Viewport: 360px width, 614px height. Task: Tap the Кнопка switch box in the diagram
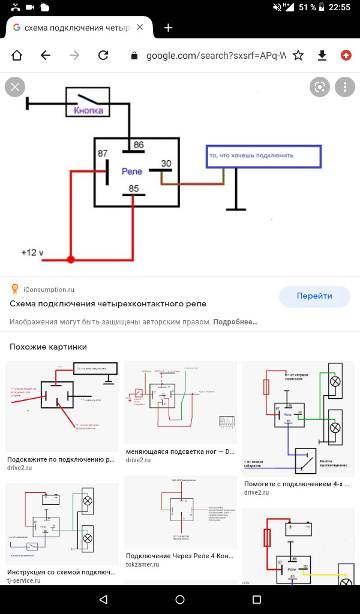pyautogui.click(x=88, y=102)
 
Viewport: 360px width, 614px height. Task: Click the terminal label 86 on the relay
pyautogui.click(x=138, y=145)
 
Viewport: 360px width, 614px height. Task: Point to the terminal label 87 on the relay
pyautogui.click(x=103, y=153)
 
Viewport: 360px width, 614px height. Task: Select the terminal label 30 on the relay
pyautogui.click(x=166, y=163)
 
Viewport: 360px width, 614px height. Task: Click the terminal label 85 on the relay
pyautogui.click(x=133, y=189)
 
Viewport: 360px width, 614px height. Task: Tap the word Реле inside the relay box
pyautogui.click(x=131, y=171)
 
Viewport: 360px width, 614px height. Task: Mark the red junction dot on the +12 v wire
pyautogui.click(x=71, y=260)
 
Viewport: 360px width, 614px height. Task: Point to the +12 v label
pyautogui.click(x=32, y=252)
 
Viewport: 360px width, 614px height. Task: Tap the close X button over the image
pyautogui.click(x=15, y=87)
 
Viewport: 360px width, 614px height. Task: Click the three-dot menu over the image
pyautogui.click(x=344, y=87)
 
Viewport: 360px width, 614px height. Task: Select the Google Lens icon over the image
pyautogui.click(x=320, y=87)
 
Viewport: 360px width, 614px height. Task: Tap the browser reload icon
pyautogui.click(x=103, y=55)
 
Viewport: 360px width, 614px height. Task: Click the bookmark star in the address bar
pyautogui.click(x=298, y=55)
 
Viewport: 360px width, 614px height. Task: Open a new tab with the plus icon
pyautogui.click(x=169, y=28)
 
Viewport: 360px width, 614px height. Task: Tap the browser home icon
pyautogui.click(x=16, y=55)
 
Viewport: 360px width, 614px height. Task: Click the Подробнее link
pyautogui.click(x=235, y=322)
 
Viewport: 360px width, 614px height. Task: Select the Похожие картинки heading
pyautogui.click(x=48, y=347)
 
